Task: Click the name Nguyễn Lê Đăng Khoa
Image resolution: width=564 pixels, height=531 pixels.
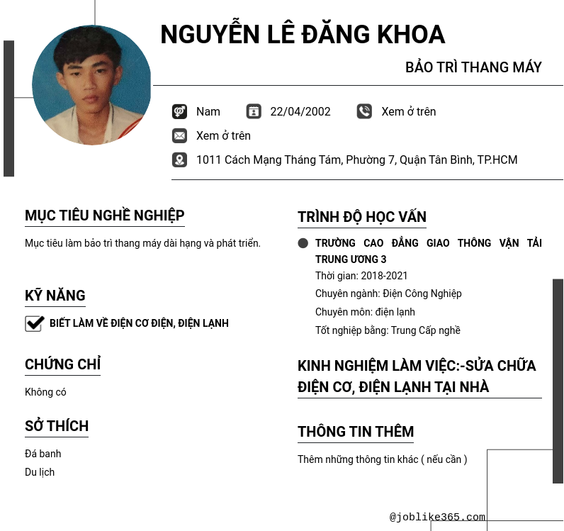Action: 303,35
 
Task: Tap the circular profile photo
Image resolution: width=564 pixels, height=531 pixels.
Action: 91,86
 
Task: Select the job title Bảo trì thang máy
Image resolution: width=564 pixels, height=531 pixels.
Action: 473,67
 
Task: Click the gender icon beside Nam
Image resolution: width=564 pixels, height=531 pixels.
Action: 179,111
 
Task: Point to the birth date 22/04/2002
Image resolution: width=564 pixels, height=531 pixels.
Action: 300,111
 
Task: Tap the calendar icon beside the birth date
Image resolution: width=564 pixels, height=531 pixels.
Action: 254,111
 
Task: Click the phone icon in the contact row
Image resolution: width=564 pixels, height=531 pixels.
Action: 364,111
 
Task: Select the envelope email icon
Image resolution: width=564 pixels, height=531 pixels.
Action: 179,135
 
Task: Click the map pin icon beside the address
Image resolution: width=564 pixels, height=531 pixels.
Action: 179,160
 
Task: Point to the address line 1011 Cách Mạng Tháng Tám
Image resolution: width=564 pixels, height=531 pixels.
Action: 356,160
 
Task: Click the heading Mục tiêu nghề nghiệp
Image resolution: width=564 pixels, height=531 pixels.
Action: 105,216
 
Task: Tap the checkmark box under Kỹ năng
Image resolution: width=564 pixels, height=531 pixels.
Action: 34,323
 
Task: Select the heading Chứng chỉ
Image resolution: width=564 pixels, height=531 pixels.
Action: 62,364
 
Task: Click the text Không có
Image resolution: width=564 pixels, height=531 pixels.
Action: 45,392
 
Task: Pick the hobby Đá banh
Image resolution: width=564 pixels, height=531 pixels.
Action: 43,454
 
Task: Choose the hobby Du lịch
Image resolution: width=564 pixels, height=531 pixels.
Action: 40,472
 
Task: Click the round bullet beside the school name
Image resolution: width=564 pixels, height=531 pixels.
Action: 303,243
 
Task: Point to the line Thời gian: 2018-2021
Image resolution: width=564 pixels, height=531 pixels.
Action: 361,276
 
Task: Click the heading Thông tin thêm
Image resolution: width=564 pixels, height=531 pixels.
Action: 356,432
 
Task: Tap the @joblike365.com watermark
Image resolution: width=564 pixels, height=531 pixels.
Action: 437,517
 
